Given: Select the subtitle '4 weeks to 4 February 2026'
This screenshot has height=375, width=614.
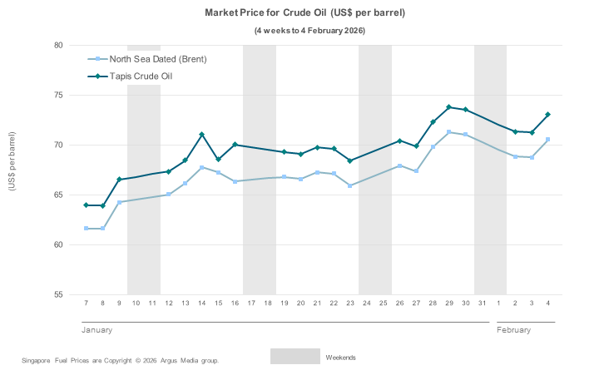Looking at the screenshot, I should pyautogui.click(x=309, y=31).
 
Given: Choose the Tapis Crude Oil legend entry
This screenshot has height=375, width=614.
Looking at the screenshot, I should pyautogui.click(x=141, y=76).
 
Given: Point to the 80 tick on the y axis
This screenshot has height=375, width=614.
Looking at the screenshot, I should pyautogui.click(x=58, y=45).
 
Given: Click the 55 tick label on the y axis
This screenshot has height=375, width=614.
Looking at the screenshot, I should pyautogui.click(x=58, y=295).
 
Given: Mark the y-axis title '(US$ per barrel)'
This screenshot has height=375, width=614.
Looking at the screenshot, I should pyautogui.click(x=12, y=161).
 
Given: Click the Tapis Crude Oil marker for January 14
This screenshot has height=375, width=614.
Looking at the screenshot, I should pyautogui.click(x=201, y=135).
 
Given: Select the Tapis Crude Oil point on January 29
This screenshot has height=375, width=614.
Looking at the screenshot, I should pyautogui.click(x=449, y=107).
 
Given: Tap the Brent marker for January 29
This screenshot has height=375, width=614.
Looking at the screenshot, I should pyautogui.click(x=449, y=132).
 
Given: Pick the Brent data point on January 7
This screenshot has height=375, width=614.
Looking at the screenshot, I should pyautogui.click(x=87, y=228).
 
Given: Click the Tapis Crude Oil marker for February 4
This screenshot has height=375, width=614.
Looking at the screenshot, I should pyautogui.click(x=547, y=114).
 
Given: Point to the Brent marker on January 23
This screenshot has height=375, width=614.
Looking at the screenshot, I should pyautogui.click(x=350, y=185).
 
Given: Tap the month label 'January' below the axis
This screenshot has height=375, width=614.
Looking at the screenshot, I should pyautogui.click(x=97, y=330).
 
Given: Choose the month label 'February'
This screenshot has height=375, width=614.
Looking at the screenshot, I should pyautogui.click(x=513, y=330).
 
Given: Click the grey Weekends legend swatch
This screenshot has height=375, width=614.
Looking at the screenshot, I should pyautogui.click(x=295, y=357).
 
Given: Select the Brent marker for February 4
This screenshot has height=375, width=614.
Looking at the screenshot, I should pyautogui.click(x=547, y=139).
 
